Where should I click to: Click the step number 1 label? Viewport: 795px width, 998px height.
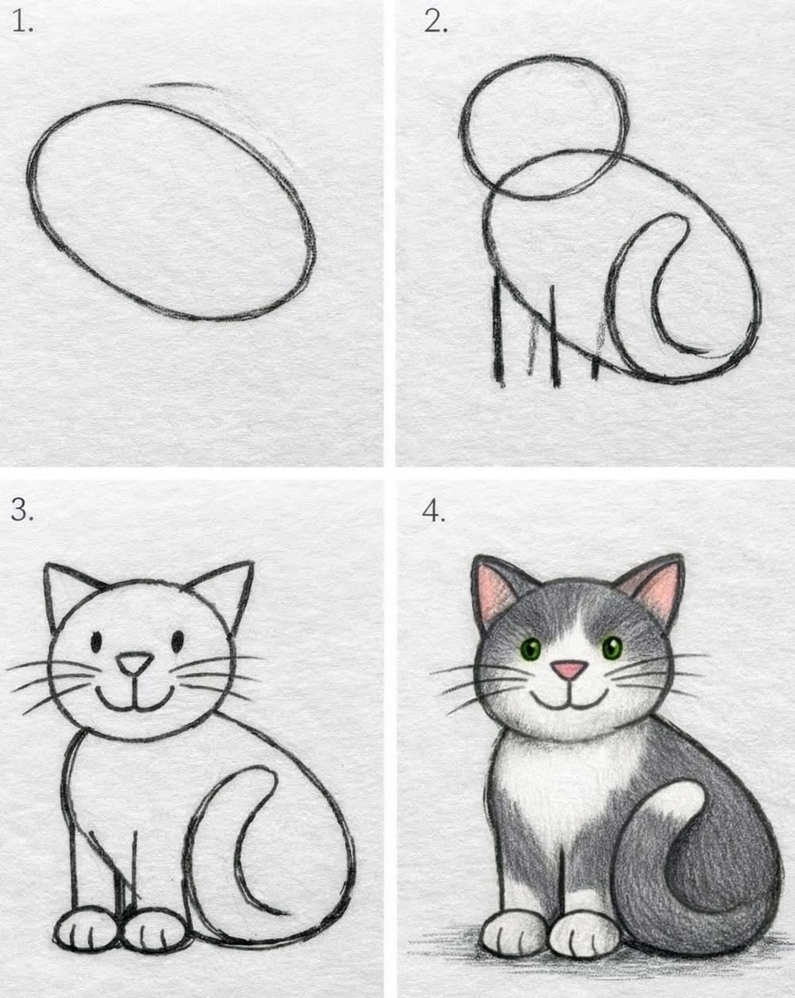coord(22,22)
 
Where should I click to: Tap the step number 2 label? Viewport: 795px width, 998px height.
coord(435,22)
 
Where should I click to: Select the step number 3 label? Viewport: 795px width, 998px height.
coord(22,511)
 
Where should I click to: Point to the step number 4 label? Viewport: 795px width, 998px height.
coord(433,511)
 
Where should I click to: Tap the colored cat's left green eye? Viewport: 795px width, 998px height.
coord(531,649)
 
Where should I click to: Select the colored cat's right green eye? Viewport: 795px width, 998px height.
coord(612,647)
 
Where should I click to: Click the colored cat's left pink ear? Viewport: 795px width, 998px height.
coord(496,589)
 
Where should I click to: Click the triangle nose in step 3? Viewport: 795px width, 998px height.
coord(135,663)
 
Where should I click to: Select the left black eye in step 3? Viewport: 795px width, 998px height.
coord(96,642)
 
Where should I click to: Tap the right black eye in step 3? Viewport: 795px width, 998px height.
coord(178,641)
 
